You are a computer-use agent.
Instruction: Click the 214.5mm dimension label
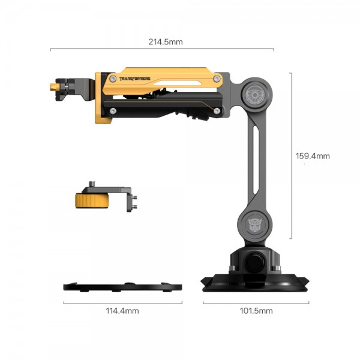[166, 42]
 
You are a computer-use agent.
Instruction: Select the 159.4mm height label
[313, 156]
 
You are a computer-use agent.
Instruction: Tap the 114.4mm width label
[122, 311]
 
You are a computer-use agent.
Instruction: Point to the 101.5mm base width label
[256, 311]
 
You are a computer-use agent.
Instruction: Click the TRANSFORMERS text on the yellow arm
[135, 79]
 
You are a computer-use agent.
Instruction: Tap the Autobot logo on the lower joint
[254, 224]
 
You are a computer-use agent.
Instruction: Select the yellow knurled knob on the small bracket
[92, 200]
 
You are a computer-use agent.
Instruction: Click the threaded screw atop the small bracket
[92, 184]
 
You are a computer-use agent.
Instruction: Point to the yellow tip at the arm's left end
[55, 87]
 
